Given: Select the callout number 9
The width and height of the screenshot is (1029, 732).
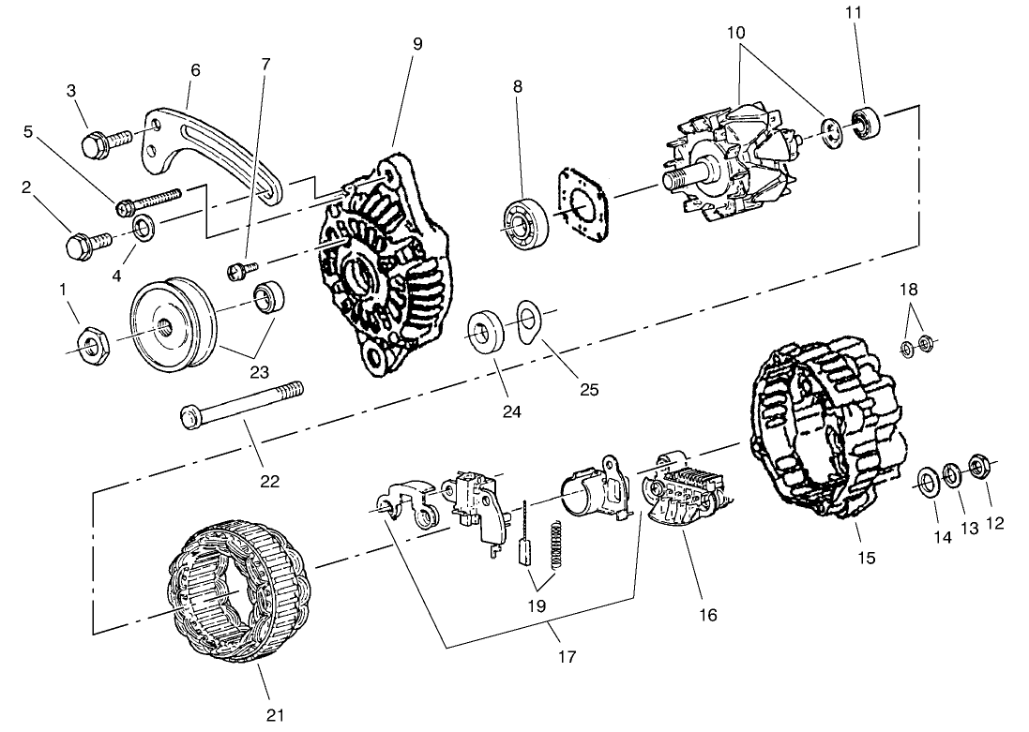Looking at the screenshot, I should click(x=416, y=43).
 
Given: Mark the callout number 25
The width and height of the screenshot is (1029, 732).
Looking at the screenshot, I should click(x=588, y=388).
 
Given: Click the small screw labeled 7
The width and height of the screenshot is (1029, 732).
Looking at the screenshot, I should click(x=237, y=271).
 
